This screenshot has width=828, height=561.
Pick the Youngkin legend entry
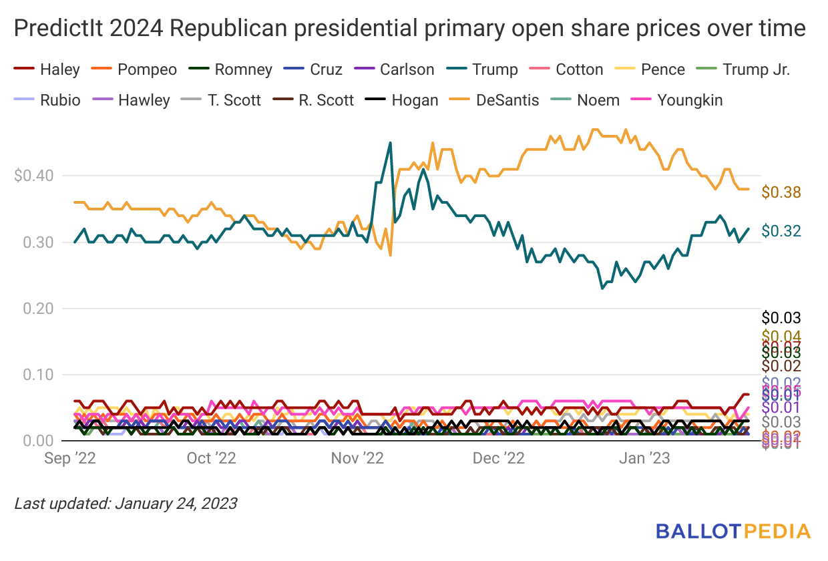[x=690, y=100]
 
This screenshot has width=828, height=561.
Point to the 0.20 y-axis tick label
[x=37, y=308]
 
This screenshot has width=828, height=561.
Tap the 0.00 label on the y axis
[x=37, y=441]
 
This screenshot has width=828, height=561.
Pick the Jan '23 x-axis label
[x=645, y=458]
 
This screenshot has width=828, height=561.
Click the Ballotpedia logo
[x=733, y=531]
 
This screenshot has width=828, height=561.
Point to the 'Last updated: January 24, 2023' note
[x=126, y=503]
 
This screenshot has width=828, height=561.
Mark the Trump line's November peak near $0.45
[x=391, y=143]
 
